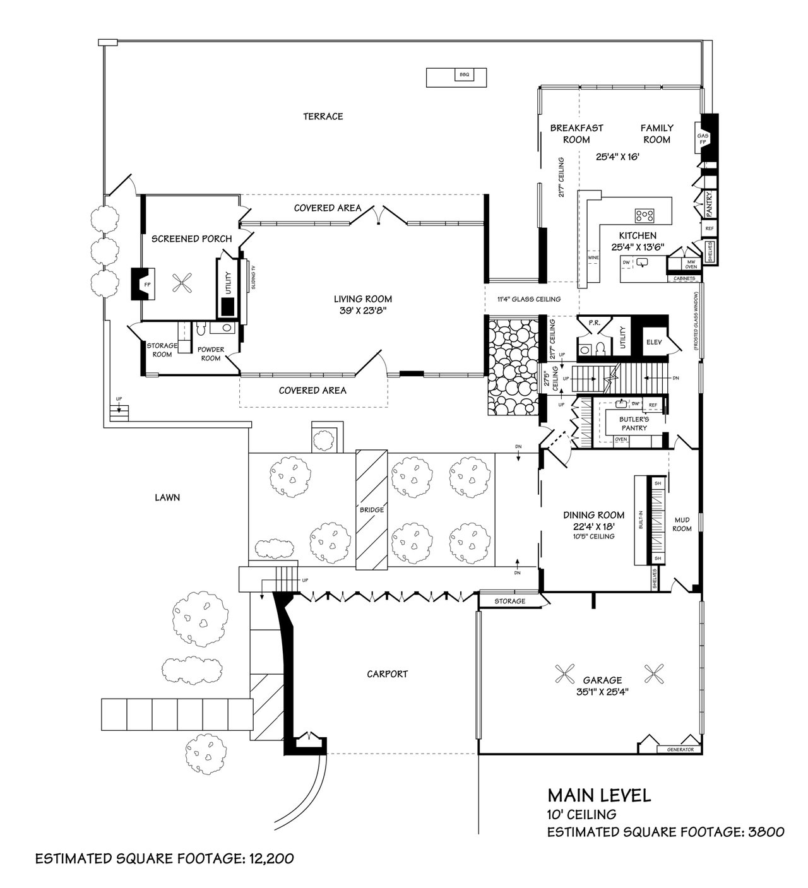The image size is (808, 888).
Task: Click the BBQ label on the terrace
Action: [x=465, y=75]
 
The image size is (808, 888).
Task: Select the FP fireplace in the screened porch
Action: [x=147, y=285]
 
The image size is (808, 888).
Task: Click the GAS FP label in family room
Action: [x=702, y=139]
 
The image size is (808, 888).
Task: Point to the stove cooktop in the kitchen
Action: [x=645, y=215]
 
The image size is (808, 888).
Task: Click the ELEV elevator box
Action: [x=653, y=343]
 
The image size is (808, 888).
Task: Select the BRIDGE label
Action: [x=372, y=510]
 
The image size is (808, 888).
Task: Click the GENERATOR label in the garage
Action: [x=680, y=750]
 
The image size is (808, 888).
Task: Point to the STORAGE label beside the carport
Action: [x=509, y=601]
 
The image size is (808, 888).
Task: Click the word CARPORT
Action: [x=387, y=673]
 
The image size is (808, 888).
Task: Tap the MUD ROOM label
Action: [x=682, y=524]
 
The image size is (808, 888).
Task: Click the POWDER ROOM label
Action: [x=210, y=353]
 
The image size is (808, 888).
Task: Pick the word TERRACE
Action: [x=323, y=116]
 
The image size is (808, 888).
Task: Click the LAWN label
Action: [x=167, y=497]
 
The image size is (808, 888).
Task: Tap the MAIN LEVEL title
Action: [x=599, y=795]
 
